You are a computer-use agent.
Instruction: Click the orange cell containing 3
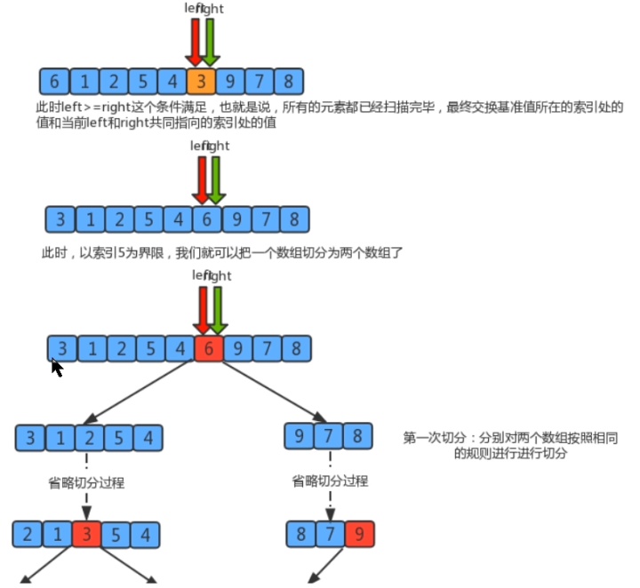[202, 82]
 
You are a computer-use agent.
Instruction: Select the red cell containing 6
[208, 349]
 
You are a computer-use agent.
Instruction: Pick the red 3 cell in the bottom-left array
[86, 535]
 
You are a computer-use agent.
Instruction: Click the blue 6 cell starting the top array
[54, 82]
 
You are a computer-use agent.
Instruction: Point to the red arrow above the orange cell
[196, 40]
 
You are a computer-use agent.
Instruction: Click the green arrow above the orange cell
[209, 40]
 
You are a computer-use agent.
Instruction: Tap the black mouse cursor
[56, 368]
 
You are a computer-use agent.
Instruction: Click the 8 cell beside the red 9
[301, 534]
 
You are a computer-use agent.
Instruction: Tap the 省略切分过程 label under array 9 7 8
[330, 481]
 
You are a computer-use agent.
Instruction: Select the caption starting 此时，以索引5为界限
[222, 253]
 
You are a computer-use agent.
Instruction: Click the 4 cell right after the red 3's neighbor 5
[145, 535]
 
